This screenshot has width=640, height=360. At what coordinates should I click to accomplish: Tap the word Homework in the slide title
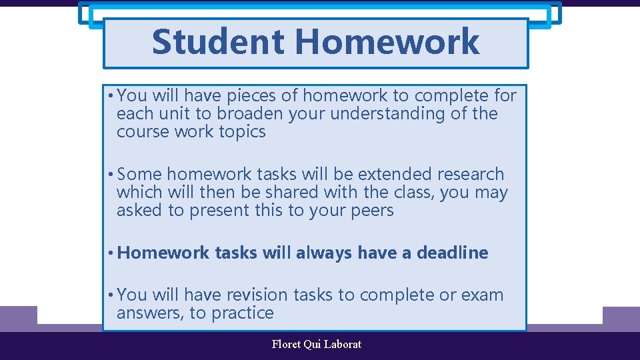387,41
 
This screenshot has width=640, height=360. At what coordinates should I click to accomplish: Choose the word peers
371,211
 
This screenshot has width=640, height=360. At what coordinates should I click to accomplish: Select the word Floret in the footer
286,345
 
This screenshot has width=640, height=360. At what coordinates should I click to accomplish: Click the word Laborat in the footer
343,345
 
